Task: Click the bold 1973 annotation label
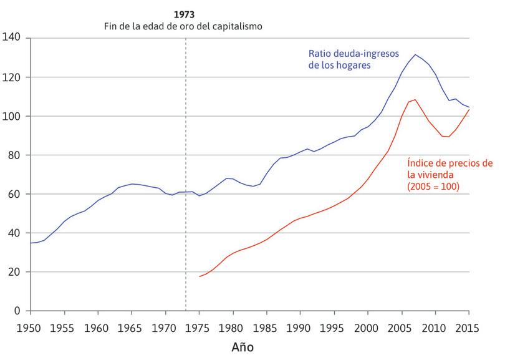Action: (185, 14)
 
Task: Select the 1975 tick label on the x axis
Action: (199, 326)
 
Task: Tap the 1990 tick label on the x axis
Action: (300, 326)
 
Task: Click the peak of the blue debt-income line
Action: (415, 54)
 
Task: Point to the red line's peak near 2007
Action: (415, 99)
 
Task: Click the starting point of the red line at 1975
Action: (200, 276)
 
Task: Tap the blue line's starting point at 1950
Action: (30, 243)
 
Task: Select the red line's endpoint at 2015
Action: (469, 110)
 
